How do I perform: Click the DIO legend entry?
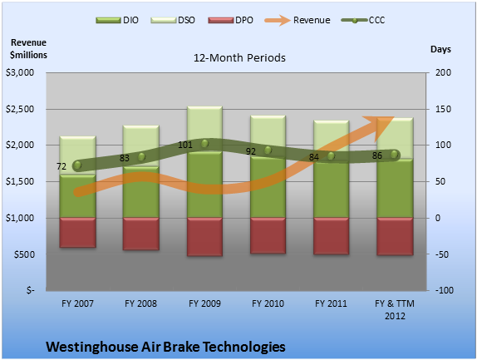point(117,20)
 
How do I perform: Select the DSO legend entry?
point(173,20)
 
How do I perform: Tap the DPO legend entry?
point(230,20)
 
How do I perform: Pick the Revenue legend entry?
point(298,20)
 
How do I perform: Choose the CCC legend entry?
point(363,20)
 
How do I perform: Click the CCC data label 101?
point(185,145)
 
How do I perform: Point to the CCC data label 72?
point(61,166)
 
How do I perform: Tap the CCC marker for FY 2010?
point(268,150)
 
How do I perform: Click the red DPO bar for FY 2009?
point(204,237)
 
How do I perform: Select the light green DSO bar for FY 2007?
point(77,155)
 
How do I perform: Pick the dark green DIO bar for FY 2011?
point(332,185)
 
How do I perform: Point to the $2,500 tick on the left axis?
point(20,109)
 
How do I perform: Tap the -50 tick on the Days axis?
point(442,254)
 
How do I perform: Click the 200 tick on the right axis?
point(443,72)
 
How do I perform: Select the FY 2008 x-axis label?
point(140,303)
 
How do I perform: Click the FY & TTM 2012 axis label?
point(395,309)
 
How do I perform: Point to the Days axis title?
point(440,49)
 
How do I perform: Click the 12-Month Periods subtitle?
point(239,58)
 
